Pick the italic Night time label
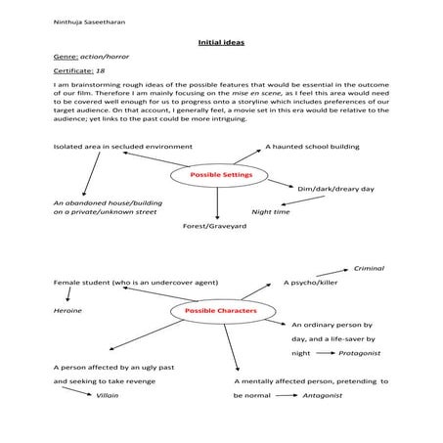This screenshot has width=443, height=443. coord(271,211)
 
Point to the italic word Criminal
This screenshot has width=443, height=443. coord(369,267)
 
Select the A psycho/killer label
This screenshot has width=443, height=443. coord(313,282)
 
